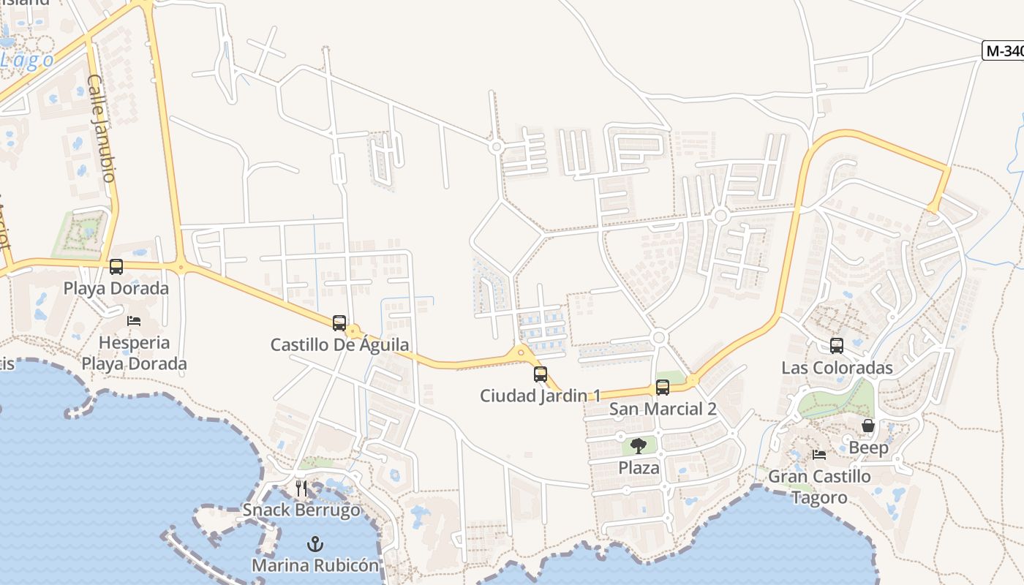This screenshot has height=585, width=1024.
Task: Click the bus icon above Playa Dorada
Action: pos(116,267)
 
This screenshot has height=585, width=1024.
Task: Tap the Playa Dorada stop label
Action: pos(116,288)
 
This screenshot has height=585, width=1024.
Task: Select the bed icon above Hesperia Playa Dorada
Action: pos(134,320)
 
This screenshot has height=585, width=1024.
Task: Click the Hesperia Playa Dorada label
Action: pos(134,353)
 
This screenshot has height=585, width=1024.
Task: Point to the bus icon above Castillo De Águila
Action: pos(339,322)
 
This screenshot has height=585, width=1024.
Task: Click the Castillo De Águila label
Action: pos(340,344)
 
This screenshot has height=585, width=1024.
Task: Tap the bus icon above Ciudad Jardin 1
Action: pos(541,374)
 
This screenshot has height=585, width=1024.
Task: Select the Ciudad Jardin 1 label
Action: pos(541,396)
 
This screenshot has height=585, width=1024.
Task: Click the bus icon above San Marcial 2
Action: pos(663,388)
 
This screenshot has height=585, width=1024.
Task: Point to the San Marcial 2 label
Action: pos(663,409)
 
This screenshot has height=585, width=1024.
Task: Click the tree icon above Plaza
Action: pos(639,446)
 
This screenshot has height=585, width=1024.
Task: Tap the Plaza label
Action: pos(639,467)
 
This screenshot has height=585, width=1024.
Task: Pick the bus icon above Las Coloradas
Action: pos(837,346)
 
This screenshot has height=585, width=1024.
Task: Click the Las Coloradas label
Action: pos(837,367)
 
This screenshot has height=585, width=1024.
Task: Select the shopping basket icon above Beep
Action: pos(868,426)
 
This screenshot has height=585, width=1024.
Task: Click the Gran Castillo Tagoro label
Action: pos(819,487)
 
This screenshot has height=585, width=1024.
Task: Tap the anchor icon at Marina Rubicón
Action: pos(315,544)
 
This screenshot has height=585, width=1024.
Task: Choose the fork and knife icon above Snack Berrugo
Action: pos(301,488)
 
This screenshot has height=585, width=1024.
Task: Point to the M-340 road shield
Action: pos(1004,50)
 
